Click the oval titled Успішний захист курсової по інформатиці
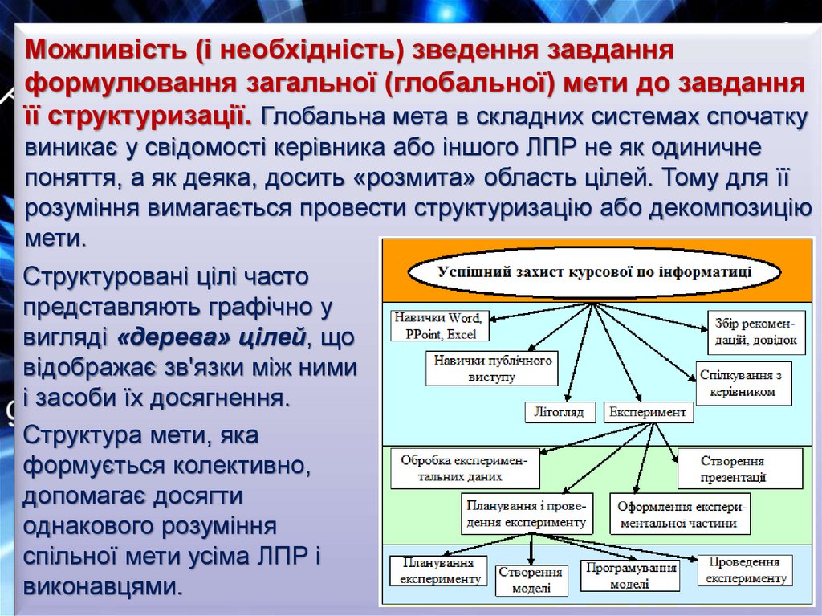(x=594, y=271)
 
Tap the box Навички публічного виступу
(x=494, y=368)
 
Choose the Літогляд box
(x=560, y=412)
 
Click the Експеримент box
(x=648, y=412)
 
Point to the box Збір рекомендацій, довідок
(x=755, y=333)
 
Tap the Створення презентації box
(x=739, y=469)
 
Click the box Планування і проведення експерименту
(x=527, y=514)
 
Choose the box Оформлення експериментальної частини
(x=681, y=515)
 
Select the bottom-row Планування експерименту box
(x=437, y=570)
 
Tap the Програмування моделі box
(x=629, y=576)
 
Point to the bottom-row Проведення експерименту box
(x=744, y=570)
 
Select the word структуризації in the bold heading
(x=149, y=115)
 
